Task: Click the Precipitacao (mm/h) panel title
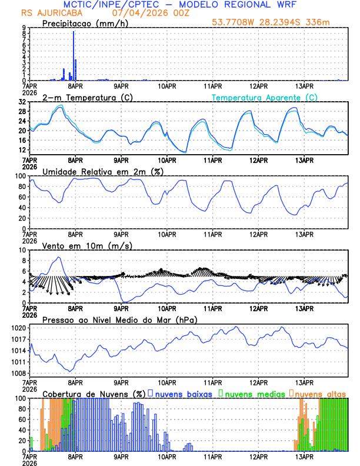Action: coord(85,23)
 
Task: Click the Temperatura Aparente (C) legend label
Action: coord(265,97)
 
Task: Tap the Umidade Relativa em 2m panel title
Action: coord(102,171)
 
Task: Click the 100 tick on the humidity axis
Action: coord(19,176)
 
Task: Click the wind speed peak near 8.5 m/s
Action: coord(58,258)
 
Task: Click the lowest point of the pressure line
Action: coord(70,371)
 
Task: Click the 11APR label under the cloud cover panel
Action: coord(212,456)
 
